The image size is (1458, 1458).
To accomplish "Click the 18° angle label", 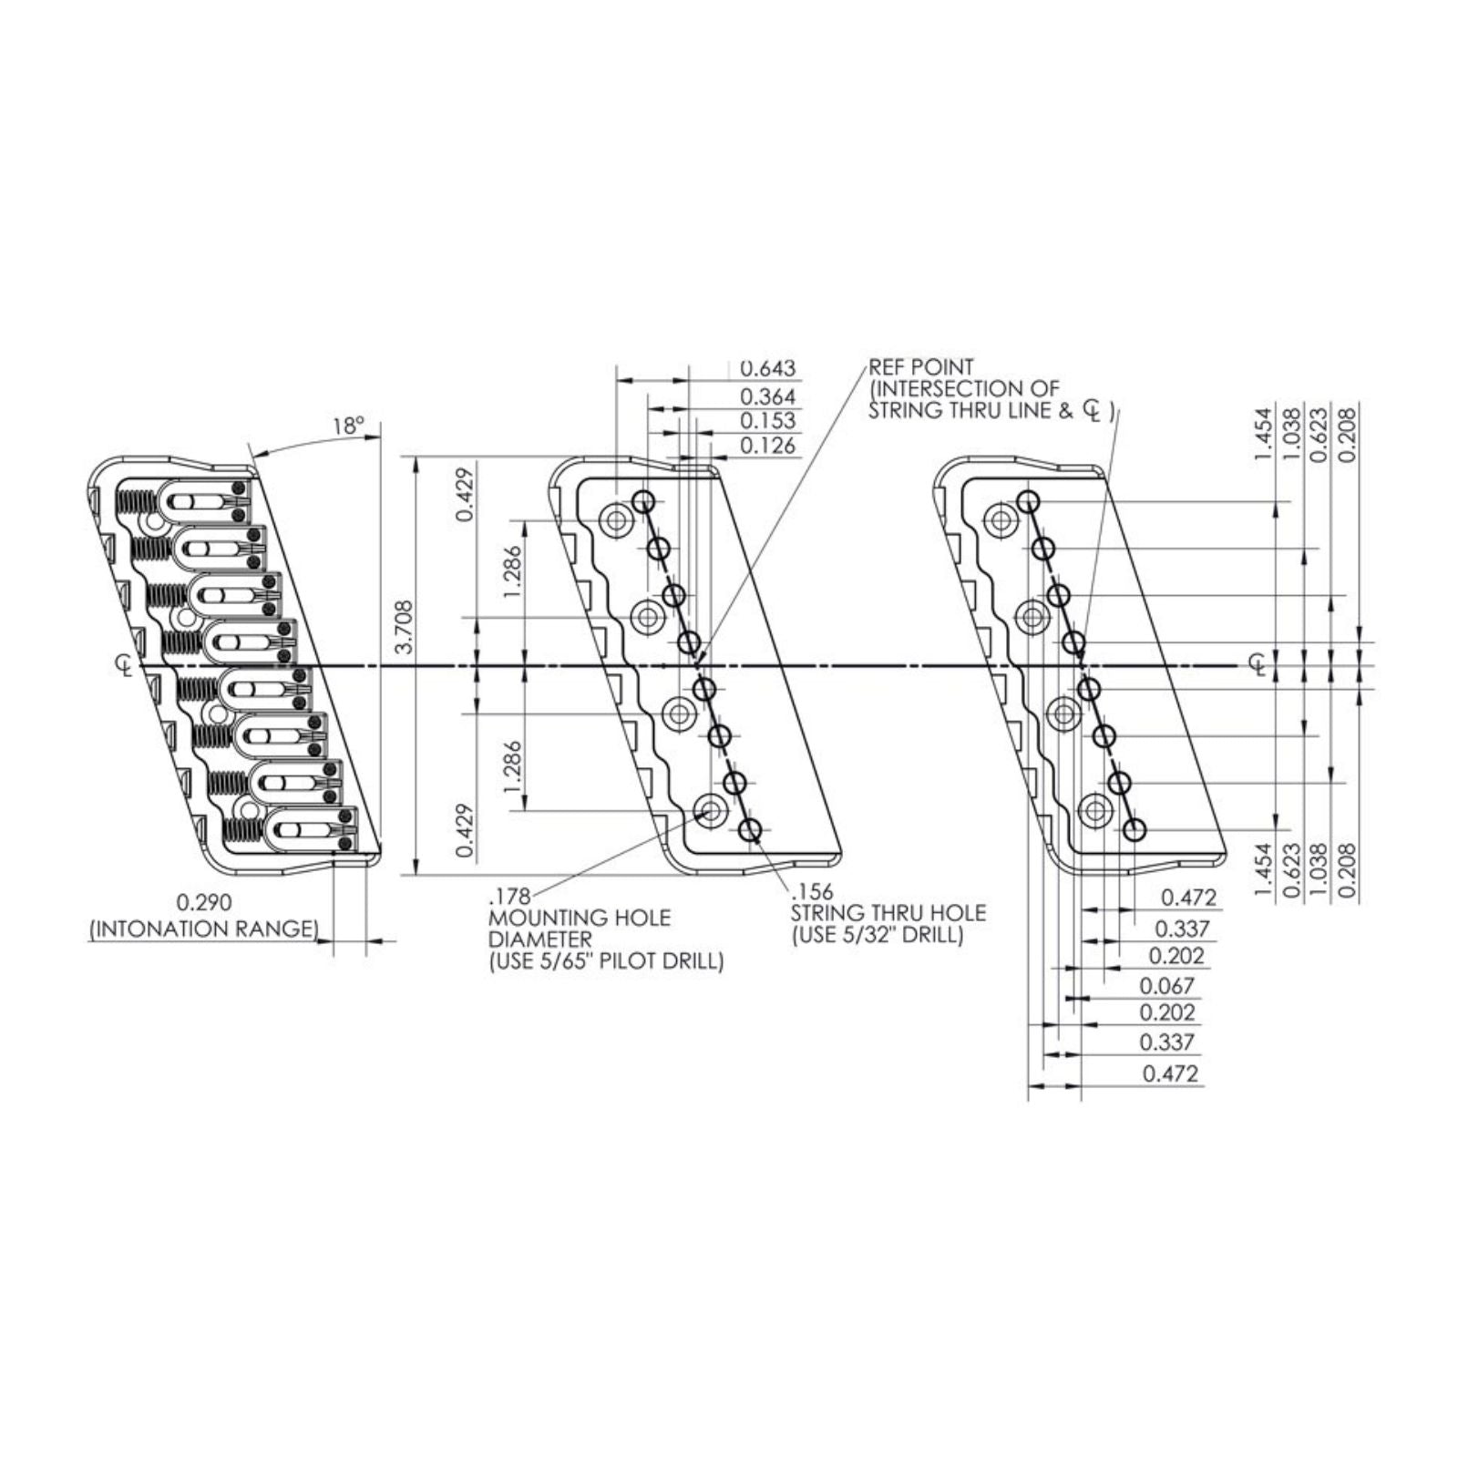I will (347, 426).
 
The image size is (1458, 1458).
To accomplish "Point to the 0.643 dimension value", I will (767, 368).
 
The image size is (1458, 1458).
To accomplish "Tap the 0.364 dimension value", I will (767, 396).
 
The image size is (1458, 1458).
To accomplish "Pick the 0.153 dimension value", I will (767, 421).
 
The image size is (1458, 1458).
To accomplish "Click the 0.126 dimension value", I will (767, 446).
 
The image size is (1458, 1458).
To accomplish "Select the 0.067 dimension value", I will (1166, 986).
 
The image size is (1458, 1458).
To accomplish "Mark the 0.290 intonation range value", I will (204, 902).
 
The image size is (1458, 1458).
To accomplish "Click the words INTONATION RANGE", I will (204, 929).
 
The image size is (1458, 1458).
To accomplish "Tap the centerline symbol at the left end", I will (124, 665).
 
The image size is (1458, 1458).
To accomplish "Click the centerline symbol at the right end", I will (1258, 665).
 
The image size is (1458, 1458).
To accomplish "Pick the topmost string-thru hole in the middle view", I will (644, 500).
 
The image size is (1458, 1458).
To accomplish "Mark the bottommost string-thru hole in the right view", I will (1135, 830).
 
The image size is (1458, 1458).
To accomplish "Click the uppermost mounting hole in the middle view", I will (615, 521).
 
